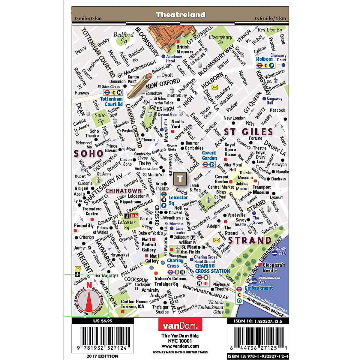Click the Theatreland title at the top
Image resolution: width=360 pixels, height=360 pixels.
[x=181, y=15]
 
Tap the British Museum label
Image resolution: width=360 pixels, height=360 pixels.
[x=184, y=49]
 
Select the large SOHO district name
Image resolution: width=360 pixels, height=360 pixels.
[x=89, y=154]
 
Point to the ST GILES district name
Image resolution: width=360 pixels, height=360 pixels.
[x=248, y=132]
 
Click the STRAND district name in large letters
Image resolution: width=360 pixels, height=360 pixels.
[x=250, y=240]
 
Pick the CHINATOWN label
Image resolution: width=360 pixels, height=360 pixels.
[x=124, y=191]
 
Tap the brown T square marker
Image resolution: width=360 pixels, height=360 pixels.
[x=180, y=179]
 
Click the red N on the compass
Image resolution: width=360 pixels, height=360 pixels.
[x=89, y=285]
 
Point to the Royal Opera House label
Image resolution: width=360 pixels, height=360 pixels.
[x=230, y=150]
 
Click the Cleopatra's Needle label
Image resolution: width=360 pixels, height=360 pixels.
[x=274, y=268]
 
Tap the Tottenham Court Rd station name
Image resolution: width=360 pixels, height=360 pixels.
[x=111, y=101]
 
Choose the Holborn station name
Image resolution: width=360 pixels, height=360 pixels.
[x=264, y=59]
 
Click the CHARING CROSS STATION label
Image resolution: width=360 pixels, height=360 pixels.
[x=212, y=268]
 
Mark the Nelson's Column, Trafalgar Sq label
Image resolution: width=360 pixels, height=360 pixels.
[x=166, y=281]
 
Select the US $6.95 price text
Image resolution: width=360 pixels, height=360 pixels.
[x=103, y=321]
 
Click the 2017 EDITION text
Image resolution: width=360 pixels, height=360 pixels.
[x=102, y=356]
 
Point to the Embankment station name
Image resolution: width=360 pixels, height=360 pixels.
[x=259, y=288]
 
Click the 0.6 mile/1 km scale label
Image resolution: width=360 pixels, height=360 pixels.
[x=270, y=19]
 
